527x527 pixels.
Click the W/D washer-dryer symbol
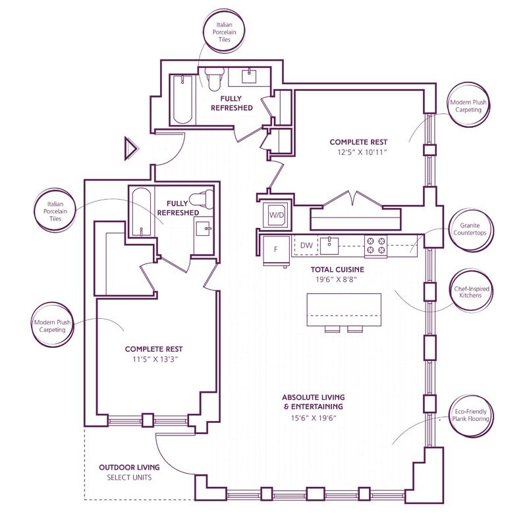click(x=276, y=215)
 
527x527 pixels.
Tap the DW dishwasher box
click(x=306, y=245)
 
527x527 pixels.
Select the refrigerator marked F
click(x=276, y=250)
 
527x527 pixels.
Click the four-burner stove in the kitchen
click(x=375, y=246)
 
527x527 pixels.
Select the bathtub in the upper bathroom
click(x=183, y=99)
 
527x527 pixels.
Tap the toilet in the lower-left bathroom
click(x=202, y=199)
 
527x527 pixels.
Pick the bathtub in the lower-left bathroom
click(x=141, y=212)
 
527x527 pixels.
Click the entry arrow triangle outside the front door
click(x=130, y=148)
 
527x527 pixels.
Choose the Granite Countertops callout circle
click(x=470, y=229)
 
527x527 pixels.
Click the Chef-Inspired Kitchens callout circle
click(x=472, y=292)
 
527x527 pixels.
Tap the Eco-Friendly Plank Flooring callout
click(x=470, y=415)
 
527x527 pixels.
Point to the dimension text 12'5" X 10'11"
click(x=362, y=152)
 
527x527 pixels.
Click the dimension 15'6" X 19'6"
click(x=314, y=418)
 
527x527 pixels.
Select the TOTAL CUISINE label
click(x=337, y=269)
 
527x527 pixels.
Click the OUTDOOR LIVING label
click(x=129, y=467)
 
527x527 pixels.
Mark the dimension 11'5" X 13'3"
click(x=155, y=359)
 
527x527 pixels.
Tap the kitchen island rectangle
click(x=344, y=309)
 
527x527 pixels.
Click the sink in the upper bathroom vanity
click(x=250, y=76)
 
